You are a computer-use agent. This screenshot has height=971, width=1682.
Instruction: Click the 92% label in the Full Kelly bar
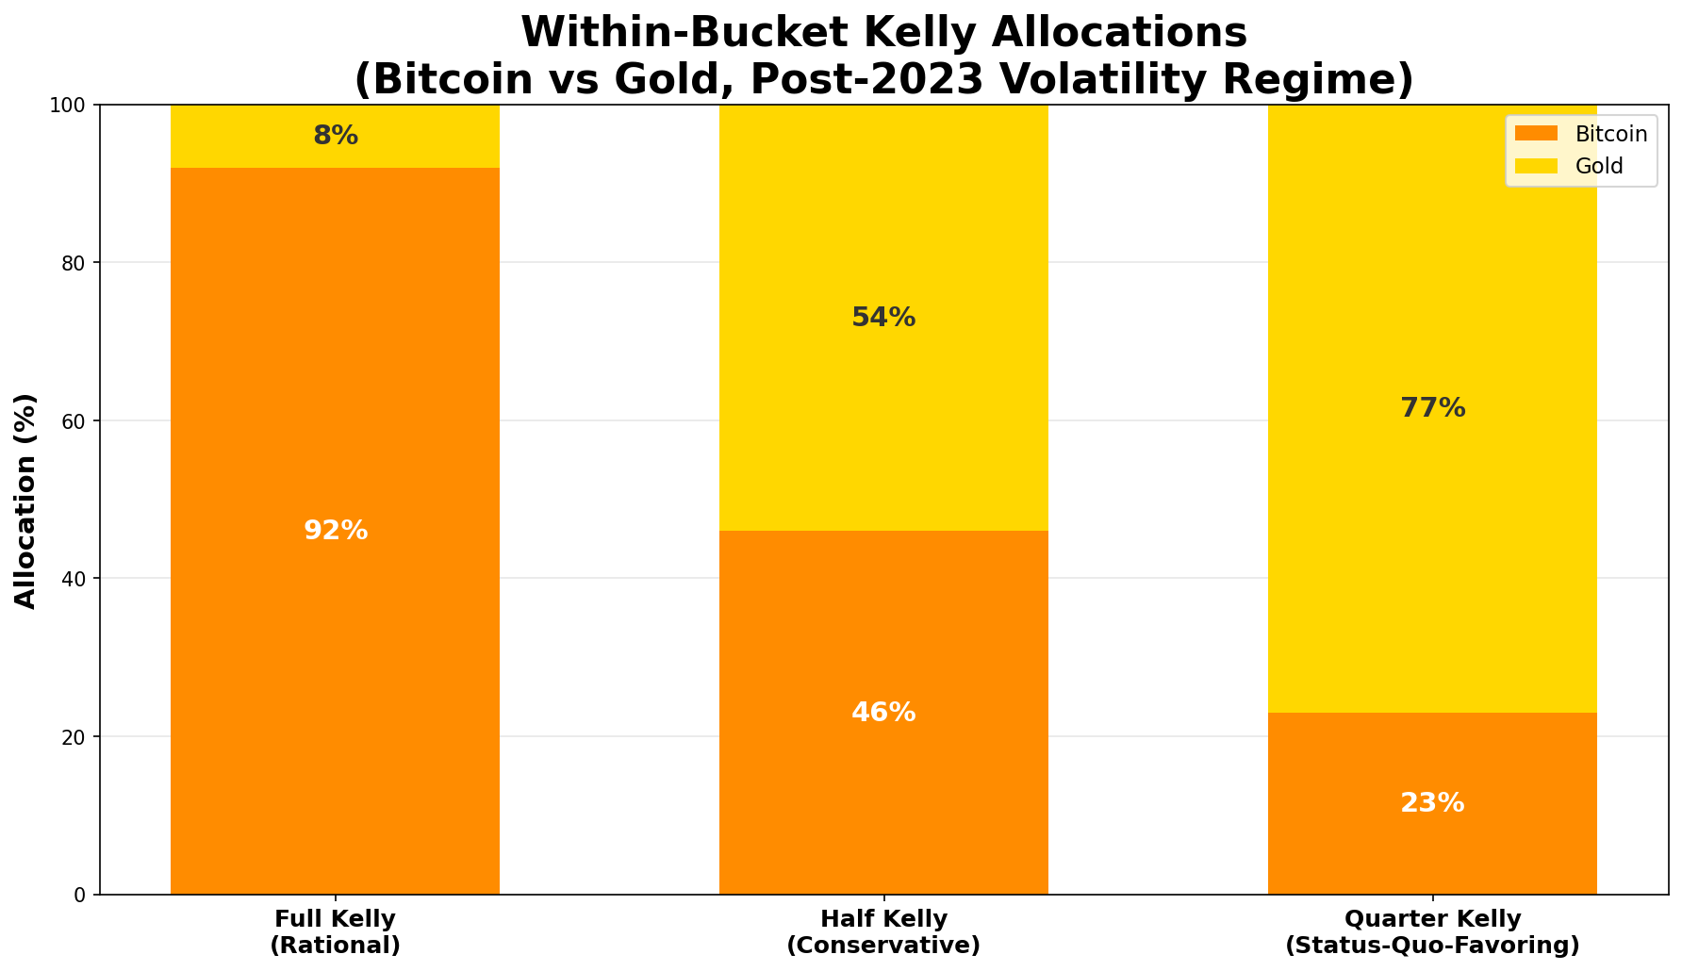click(336, 531)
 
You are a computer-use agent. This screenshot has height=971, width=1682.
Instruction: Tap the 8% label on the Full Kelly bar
click(336, 136)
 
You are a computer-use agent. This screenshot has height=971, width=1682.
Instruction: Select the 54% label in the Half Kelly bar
click(883, 318)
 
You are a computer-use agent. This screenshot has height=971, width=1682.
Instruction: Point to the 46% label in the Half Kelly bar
click(883, 713)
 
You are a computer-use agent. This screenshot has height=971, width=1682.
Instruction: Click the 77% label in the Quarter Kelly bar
click(1432, 408)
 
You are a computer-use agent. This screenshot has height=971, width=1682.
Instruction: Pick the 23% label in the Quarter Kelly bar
click(1432, 803)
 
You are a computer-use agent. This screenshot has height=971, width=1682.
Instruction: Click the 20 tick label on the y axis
click(77, 736)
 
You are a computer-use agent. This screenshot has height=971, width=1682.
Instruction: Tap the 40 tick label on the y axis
click(77, 579)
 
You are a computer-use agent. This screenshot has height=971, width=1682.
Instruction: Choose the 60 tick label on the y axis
click(77, 420)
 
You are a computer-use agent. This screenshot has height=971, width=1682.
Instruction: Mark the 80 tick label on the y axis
click(77, 263)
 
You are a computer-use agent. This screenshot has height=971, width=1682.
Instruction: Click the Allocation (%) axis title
click(25, 501)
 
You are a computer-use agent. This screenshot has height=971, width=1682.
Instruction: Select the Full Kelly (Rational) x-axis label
click(336, 931)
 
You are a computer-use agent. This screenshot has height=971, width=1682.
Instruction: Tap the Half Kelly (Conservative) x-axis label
click(883, 931)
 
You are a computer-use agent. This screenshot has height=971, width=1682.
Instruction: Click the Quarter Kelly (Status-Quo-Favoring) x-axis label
click(1432, 931)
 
